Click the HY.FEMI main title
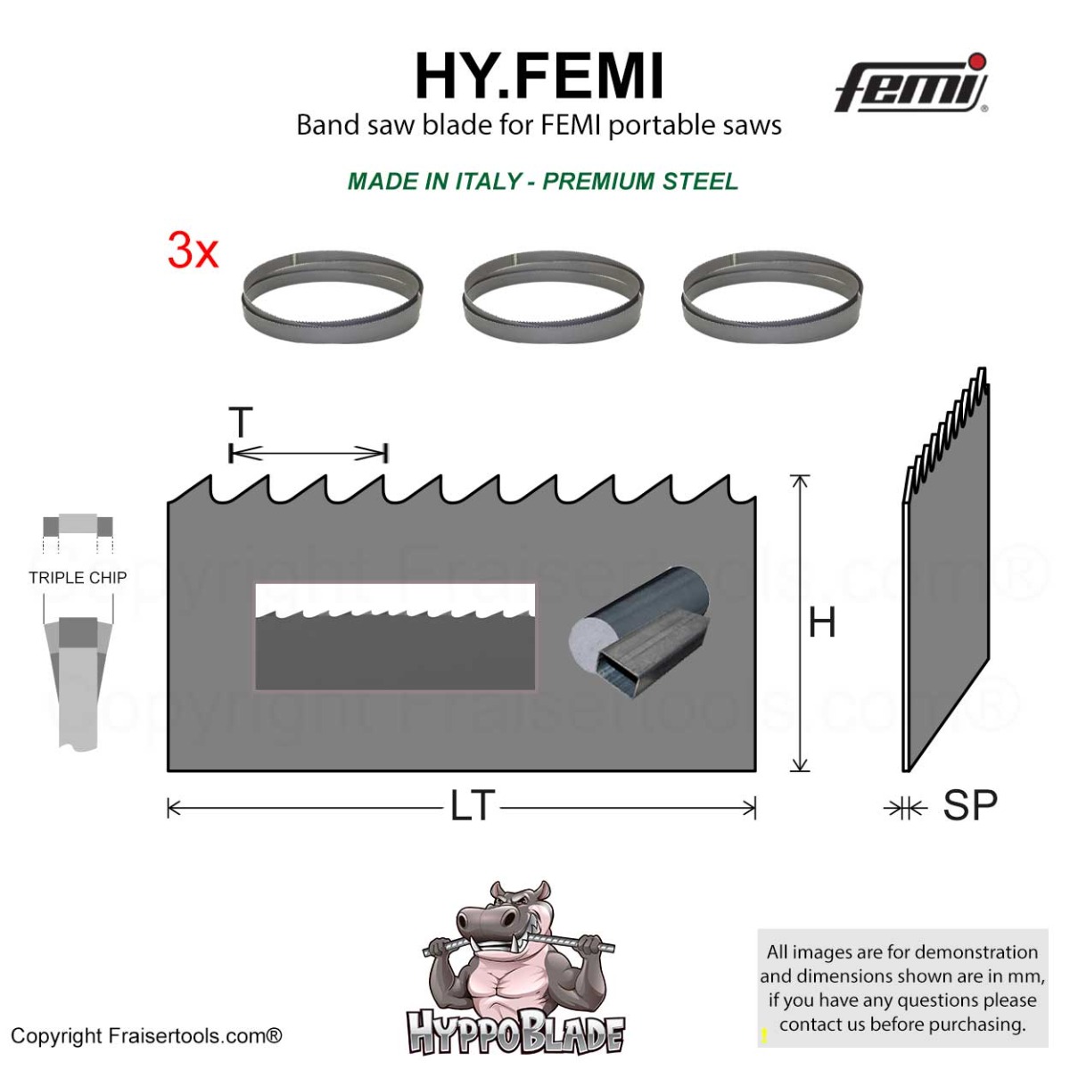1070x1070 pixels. tap(539, 77)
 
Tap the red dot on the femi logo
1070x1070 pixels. tap(976, 61)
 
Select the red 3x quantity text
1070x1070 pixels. tap(193, 251)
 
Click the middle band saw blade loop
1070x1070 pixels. tap(553, 297)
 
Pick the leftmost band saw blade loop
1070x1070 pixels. tap(332, 297)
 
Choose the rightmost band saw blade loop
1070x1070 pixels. tap(772, 297)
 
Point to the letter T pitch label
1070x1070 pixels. tap(241, 422)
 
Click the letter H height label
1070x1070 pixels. tap(822, 622)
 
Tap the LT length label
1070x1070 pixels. tap(472, 806)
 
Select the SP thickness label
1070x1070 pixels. tap(970, 805)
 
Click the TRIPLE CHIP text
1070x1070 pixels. tap(78, 578)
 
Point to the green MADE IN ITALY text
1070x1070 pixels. tap(542, 182)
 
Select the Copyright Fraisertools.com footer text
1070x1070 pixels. tap(146, 1036)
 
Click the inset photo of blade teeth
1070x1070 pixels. tap(395, 637)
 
